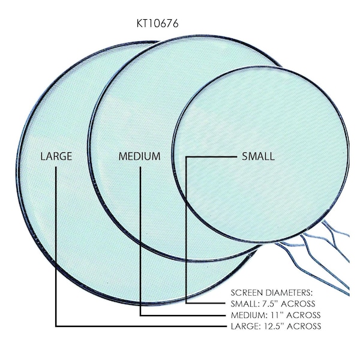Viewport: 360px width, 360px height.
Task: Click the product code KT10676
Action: click(157, 23)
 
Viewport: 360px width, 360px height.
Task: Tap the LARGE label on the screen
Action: click(56, 157)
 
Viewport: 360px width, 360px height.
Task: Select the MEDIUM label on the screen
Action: click(139, 157)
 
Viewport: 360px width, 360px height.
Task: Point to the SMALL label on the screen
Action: click(258, 157)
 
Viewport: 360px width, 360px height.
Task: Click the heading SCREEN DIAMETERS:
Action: click(272, 293)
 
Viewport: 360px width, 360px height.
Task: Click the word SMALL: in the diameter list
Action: click(245, 304)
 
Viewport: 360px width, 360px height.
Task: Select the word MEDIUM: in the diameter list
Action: click(248, 315)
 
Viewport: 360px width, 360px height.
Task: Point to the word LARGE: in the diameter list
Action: click(245, 326)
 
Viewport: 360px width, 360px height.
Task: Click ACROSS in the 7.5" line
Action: click(298, 304)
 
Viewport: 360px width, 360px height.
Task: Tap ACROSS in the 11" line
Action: click(304, 315)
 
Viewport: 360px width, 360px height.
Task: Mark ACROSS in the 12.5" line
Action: click(304, 326)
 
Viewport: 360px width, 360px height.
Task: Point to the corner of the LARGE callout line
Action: click(56, 326)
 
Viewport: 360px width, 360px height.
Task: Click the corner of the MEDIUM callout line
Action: click(140, 316)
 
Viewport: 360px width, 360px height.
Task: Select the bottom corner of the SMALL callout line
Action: click(186, 303)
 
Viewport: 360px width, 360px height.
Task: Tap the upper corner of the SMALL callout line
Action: click(186, 157)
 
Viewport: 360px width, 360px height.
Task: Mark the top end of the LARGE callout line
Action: click(56, 167)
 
